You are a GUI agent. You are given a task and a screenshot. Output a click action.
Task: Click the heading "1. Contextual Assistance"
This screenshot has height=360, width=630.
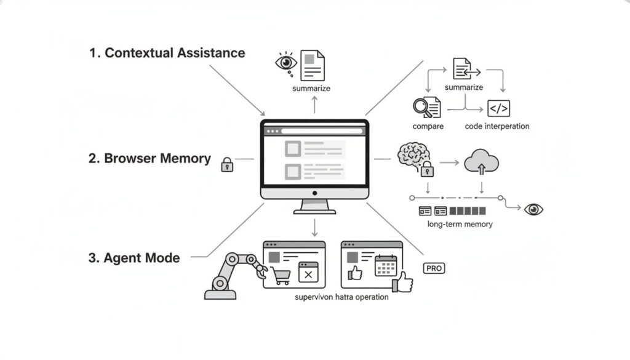tap(167, 53)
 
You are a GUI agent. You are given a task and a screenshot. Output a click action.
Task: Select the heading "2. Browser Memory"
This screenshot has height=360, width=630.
tap(150, 158)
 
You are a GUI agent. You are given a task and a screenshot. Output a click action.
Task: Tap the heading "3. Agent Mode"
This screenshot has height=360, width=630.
tap(134, 258)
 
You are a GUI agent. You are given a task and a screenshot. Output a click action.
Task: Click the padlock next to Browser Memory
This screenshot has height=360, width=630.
tap(227, 164)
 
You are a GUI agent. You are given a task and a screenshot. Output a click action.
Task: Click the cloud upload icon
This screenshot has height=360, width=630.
tap(481, 162)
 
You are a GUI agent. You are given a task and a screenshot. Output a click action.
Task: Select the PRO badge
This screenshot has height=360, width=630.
tap(434, 268)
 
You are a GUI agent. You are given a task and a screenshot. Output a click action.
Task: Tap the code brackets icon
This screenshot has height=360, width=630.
tap(498, 109)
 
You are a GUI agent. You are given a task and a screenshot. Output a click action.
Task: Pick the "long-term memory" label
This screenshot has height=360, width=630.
tap(460, 224)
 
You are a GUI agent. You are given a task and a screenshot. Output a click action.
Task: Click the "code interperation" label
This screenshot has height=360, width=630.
tap(497, 126)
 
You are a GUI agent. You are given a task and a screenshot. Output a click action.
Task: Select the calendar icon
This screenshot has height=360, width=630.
tap(386, 266)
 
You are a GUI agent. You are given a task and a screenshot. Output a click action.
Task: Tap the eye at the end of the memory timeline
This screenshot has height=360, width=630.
tap(533, 209)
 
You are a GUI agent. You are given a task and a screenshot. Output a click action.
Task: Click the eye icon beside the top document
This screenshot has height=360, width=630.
tap(285, 63)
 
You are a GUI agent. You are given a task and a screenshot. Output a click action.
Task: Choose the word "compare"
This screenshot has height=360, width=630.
tap(428, 126)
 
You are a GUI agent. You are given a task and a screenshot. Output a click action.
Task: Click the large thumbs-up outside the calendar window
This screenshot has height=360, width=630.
tap(404, 282)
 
